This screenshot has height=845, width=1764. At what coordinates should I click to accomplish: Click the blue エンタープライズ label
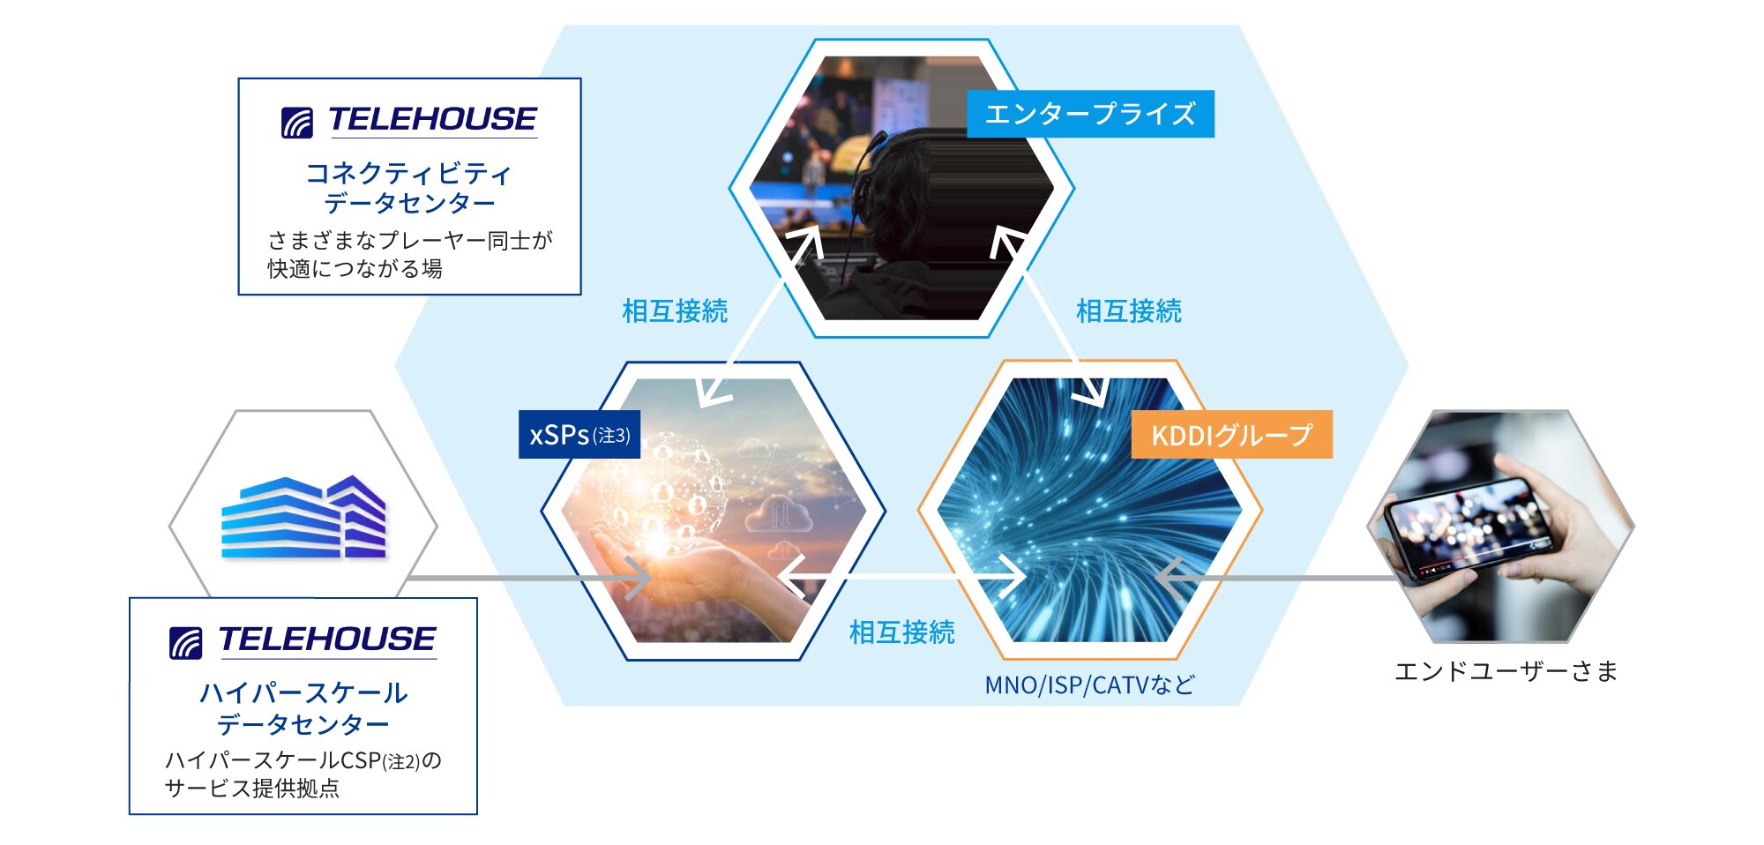[x=1090, y=114]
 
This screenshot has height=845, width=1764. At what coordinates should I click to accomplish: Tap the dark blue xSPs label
[x=579, y=435]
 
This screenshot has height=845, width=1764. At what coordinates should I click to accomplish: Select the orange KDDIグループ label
[x=1231, y=435]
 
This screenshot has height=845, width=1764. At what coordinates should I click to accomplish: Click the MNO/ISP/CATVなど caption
[x=1089, y=684]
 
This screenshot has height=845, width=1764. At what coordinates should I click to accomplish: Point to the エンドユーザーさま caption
[x=1506, y=671]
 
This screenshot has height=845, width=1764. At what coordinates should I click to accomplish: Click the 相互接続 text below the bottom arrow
[x=901, y=632]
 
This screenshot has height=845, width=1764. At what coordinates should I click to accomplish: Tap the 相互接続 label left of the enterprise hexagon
[x=675, y=311]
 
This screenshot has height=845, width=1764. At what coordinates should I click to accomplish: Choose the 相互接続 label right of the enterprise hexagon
[x=1128, y=311]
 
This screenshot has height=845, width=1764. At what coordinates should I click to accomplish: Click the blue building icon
[x=303, y=518]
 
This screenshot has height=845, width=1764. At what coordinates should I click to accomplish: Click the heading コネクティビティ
[x=408, y=173]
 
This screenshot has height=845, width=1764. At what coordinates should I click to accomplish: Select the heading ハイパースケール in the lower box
[x=303, y=693]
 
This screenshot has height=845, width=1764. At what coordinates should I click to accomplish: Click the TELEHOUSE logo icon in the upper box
[x=297, y=123]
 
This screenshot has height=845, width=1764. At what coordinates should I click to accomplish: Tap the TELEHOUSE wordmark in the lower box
[x=327, y=639]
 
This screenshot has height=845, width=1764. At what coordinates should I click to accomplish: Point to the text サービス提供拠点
[x=252, y=788]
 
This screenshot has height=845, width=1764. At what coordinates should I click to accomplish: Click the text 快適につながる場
[x=355, y=269]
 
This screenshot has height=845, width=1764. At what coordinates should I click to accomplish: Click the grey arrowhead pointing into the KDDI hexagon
[x=1170, y=579]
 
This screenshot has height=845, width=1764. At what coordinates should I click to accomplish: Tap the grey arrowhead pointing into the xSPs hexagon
[x=639, y=579]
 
